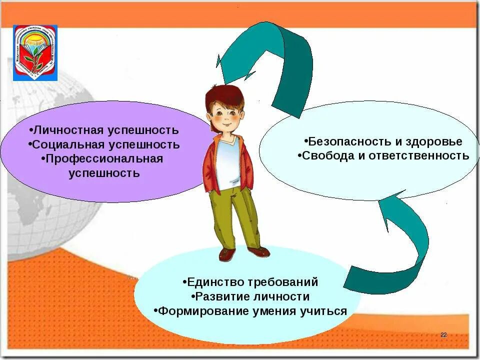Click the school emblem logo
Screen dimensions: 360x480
tap(35, 52)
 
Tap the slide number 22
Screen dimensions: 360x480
tap(443, 334)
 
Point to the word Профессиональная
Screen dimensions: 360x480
tap(104, 159)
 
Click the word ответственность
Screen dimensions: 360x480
tap(419, 155)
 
